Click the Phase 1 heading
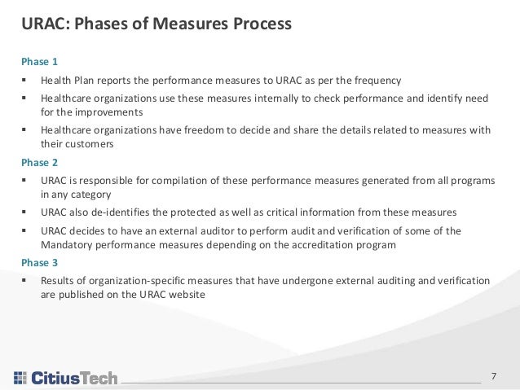(x=41, y=61)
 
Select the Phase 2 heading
(x=41, y=161)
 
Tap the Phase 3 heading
(x=41, y=262)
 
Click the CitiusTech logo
(x=66, y=378)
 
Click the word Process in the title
(x=258, y=24)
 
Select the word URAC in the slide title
(x=43, y=24)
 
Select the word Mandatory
(x=67, y=245)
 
